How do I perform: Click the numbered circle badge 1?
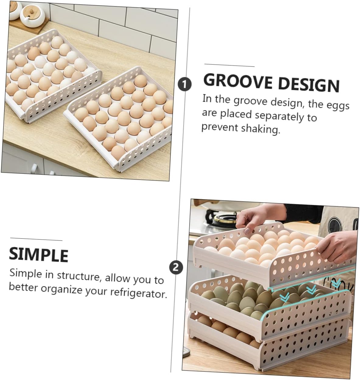(185, 84)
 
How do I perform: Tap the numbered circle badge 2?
(176, 268)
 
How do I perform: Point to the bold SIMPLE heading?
(39, 254)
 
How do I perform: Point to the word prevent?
(219, 127)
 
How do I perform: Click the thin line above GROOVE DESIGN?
(229, 65)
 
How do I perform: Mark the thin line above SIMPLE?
(36, 240)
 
